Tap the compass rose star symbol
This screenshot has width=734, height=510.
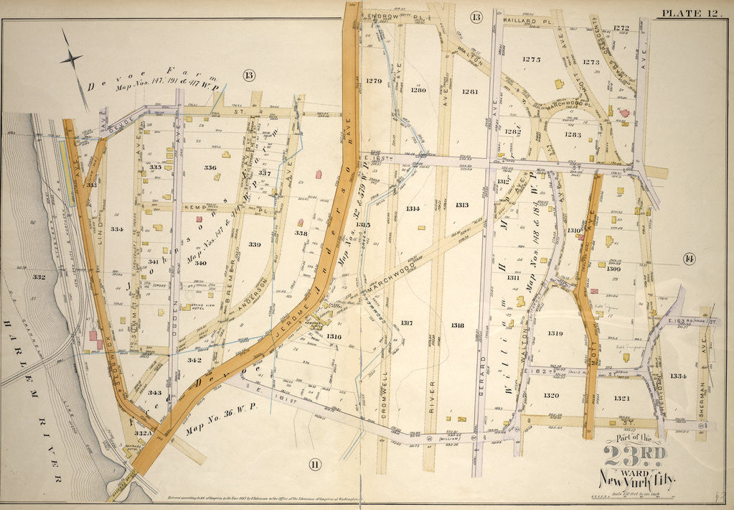72,59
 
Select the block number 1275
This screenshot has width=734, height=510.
531,60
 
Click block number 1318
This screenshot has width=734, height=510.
457,325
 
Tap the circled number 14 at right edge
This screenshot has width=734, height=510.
690,259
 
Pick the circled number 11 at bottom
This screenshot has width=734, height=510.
314,464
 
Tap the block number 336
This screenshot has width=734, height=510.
210,168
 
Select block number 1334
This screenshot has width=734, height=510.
679,376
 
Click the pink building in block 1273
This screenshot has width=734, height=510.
624,113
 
